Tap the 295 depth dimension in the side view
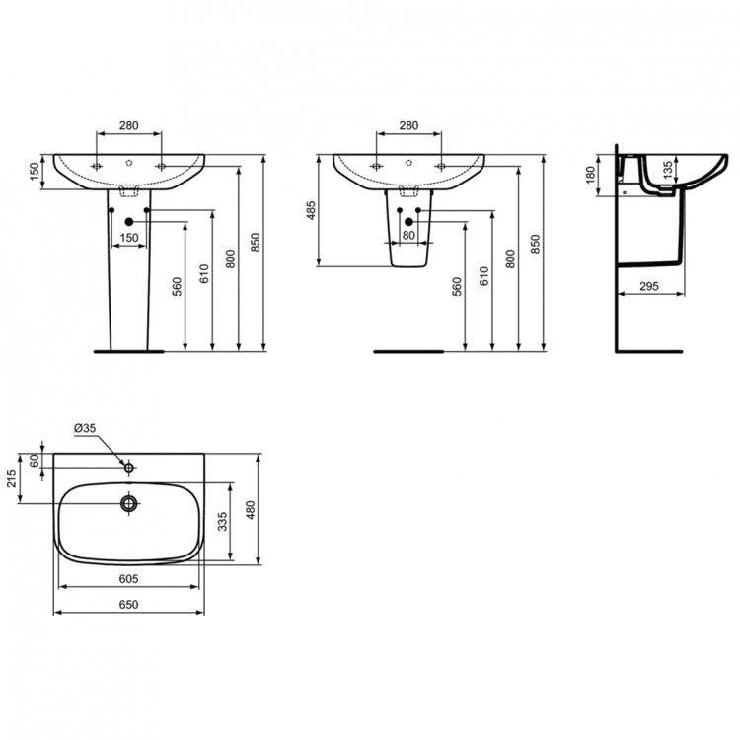[x=649, y=285]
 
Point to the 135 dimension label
[x=668, y=171]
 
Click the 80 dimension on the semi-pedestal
[x=407, y=235]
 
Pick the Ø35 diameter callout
[x=84, y=428]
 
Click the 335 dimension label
[x=224, y=520]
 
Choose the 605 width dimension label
[x=127, y=579]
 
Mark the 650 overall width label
[x=127, y=605]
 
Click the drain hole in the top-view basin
[x=128, y=503]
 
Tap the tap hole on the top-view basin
[x=128, y=464]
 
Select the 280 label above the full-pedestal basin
[x=128, y=125]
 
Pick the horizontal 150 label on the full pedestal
[x=128, y=238]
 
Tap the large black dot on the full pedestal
[x=128, y=222]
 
